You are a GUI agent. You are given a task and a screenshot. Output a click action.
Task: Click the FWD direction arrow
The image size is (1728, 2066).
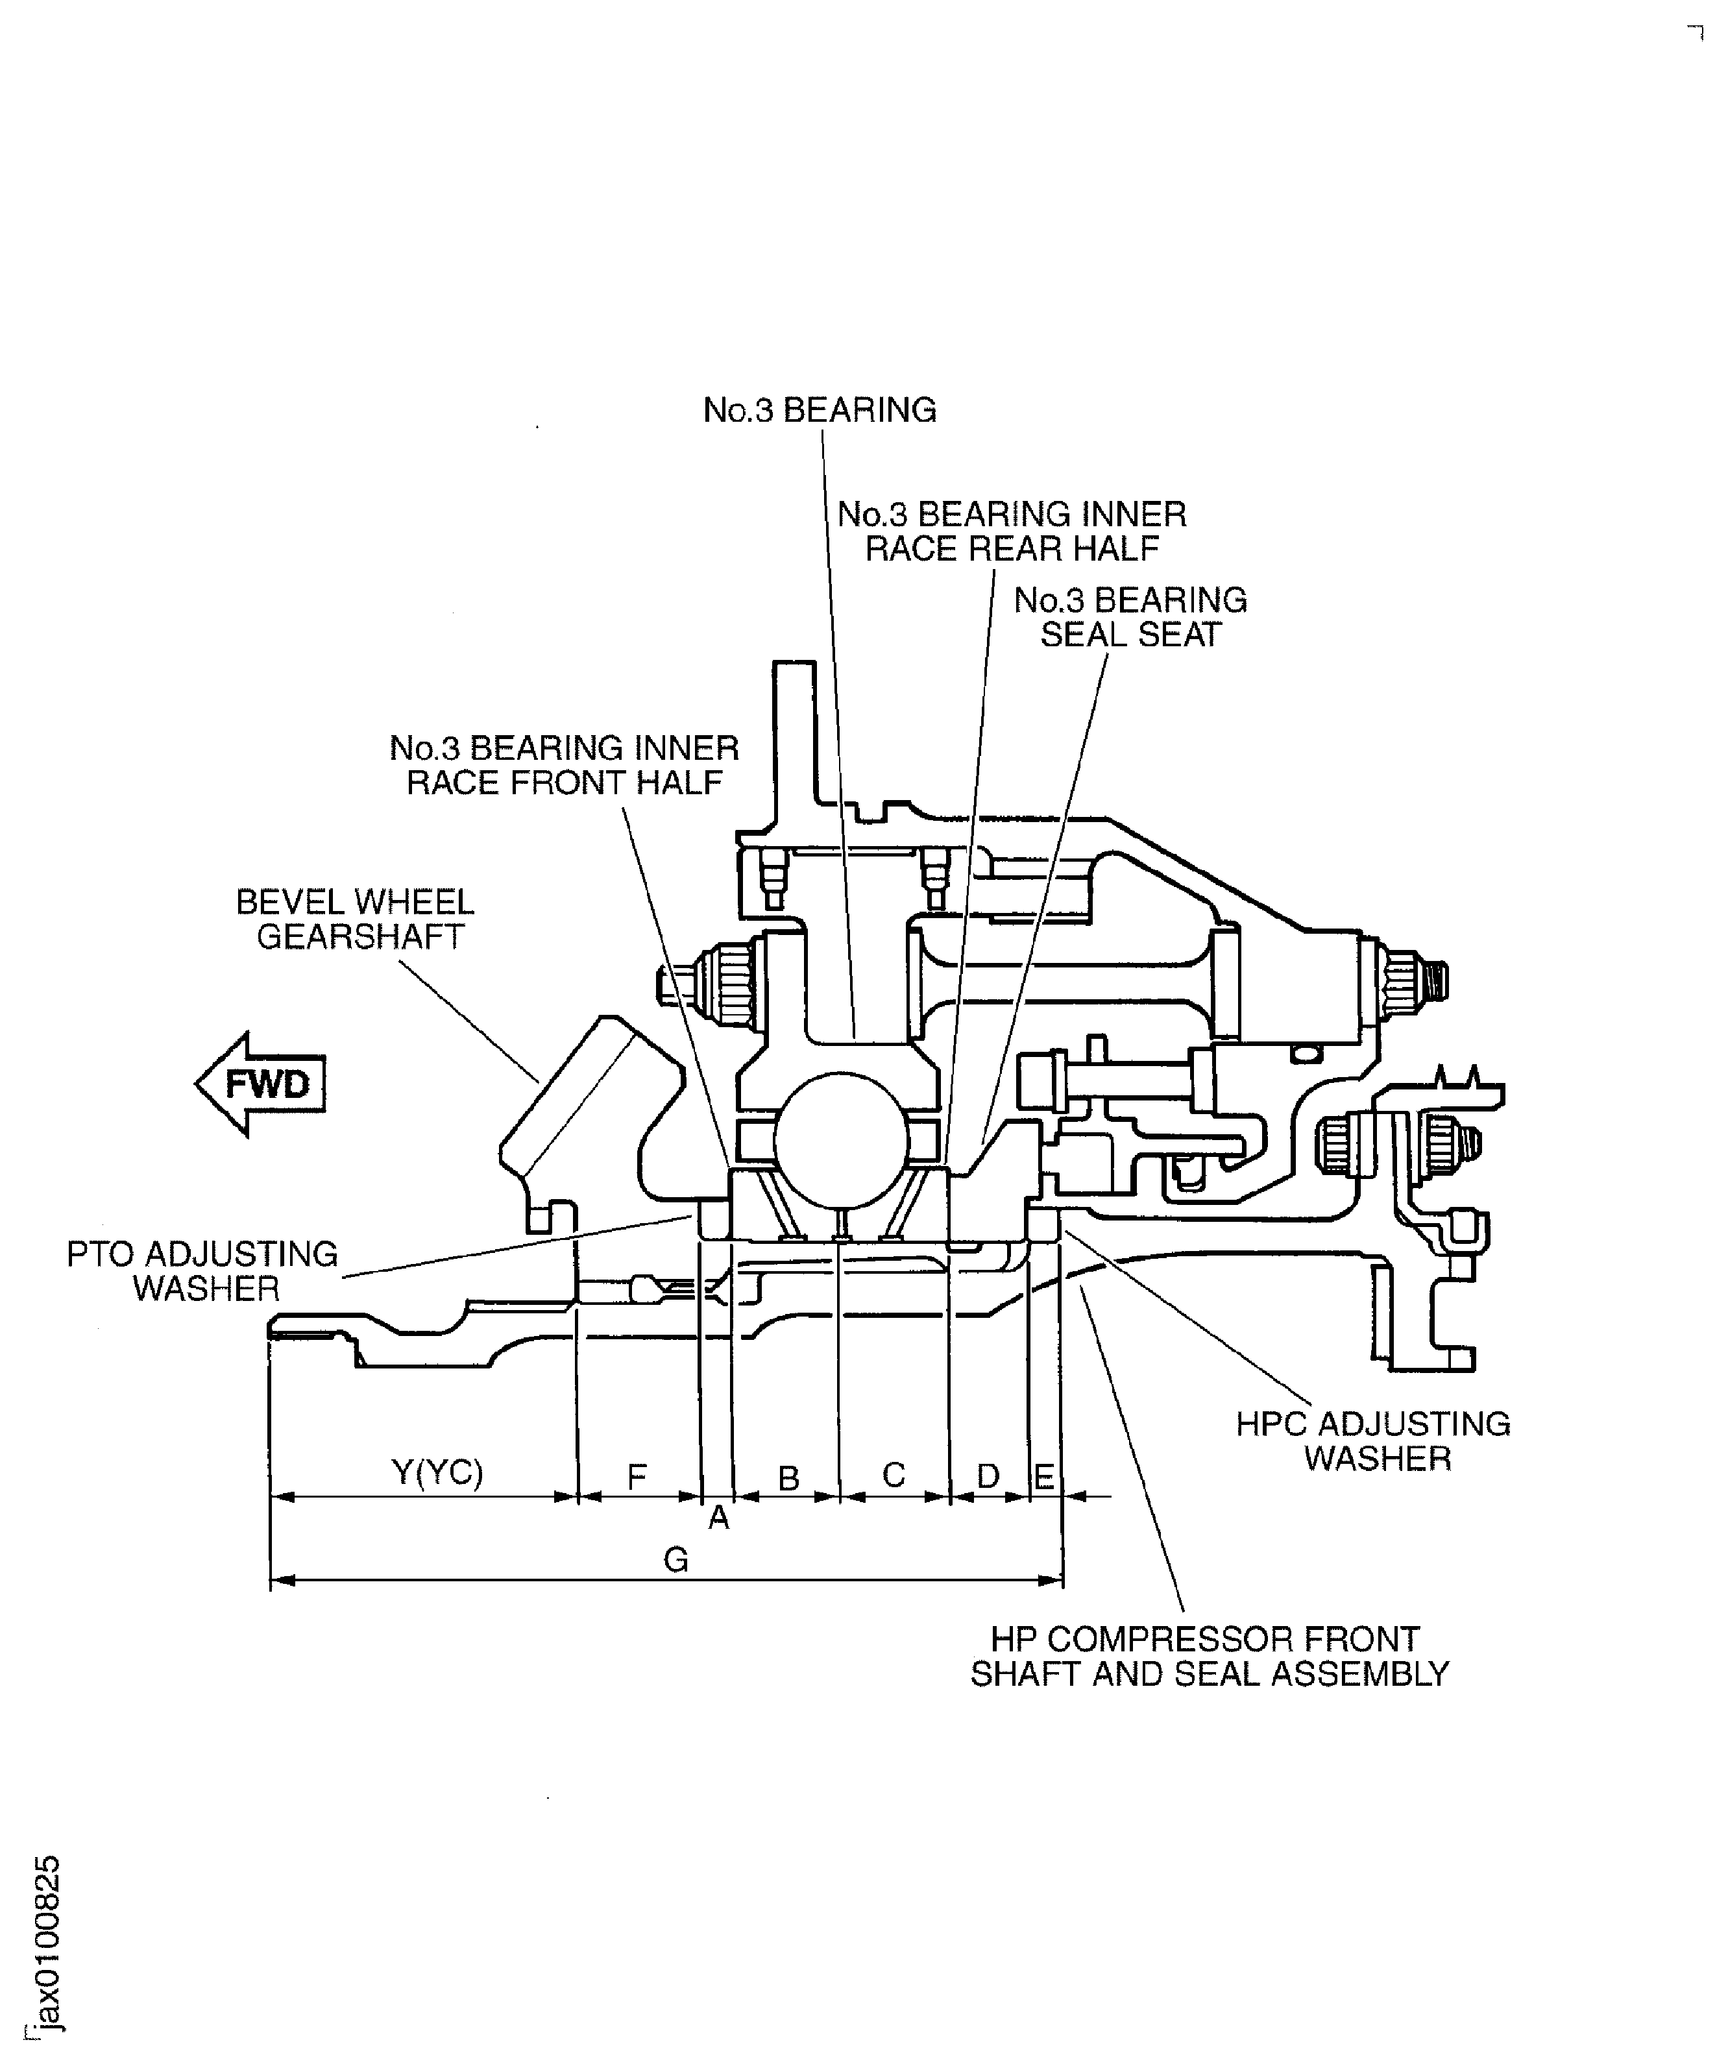tap(261, 1084)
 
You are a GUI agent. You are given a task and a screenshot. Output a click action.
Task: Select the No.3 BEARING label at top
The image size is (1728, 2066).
tap(819, 410)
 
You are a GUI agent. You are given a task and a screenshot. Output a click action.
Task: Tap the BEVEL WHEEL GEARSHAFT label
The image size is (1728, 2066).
tap(356, 919)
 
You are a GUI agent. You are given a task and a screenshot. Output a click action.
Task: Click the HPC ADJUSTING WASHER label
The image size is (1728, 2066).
tap(1374, 1440)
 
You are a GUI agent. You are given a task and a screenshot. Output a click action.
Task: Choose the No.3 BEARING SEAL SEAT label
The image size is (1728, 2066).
tap(1130, 617)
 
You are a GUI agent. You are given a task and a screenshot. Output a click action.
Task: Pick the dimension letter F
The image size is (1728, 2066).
tap(637, 1476)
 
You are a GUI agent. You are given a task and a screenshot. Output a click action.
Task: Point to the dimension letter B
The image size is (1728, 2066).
tap(788, 1477)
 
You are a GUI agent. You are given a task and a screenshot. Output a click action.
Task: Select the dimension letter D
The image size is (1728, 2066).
tap(988, 1476)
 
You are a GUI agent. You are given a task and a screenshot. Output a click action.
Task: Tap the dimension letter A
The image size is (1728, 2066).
tap(720, 1518)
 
